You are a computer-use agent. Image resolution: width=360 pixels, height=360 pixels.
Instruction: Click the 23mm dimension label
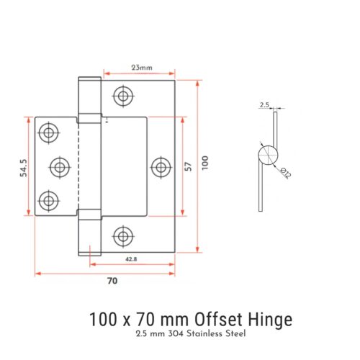142,68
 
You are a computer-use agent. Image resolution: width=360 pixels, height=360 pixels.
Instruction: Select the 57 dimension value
189,166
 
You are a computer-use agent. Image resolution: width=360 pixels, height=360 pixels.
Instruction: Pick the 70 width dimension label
112,281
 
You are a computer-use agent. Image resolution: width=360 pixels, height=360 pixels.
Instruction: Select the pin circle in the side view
267,155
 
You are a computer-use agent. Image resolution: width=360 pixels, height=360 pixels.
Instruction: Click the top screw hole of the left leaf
49,132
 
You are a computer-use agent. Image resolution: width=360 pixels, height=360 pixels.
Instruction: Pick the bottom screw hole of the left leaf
49,200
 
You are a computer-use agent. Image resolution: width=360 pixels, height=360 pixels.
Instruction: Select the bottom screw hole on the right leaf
124,235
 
